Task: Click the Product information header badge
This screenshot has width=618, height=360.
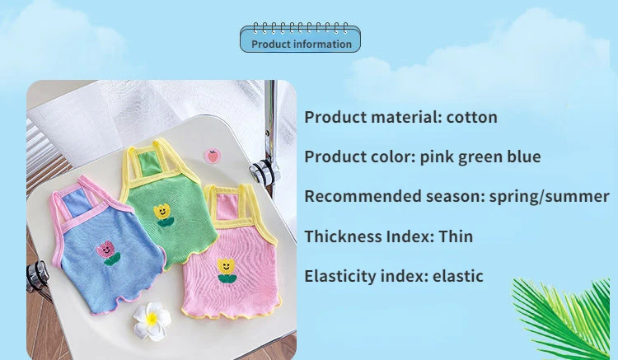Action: pos(300,40)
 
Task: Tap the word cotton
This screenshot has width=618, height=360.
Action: pos(472,117)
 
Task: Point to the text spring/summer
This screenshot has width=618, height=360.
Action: pos(549,197)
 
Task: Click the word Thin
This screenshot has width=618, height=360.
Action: pos(456,236)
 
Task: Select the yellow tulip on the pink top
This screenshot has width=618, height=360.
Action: pos(227,271)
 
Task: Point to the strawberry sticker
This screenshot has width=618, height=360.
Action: pos(213,156)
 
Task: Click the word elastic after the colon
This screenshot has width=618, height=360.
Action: pos(458,276)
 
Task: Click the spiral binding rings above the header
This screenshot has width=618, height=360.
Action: pos(300,28)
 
